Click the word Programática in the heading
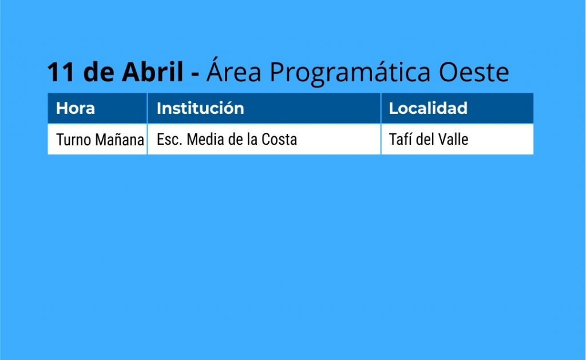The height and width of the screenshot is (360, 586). point(350,73)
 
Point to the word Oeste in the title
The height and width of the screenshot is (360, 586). point(474,72)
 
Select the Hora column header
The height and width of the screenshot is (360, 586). point(75,108)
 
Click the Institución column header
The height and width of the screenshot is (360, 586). point(200,108)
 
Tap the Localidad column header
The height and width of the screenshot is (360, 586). point(428,108)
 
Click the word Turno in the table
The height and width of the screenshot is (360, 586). point(74,140)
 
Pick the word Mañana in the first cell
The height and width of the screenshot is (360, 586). point(120,140)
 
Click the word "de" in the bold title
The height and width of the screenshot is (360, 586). point(98,71)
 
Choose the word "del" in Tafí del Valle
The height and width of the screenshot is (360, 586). point(425,139)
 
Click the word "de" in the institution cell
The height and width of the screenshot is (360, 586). point(235,140)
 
